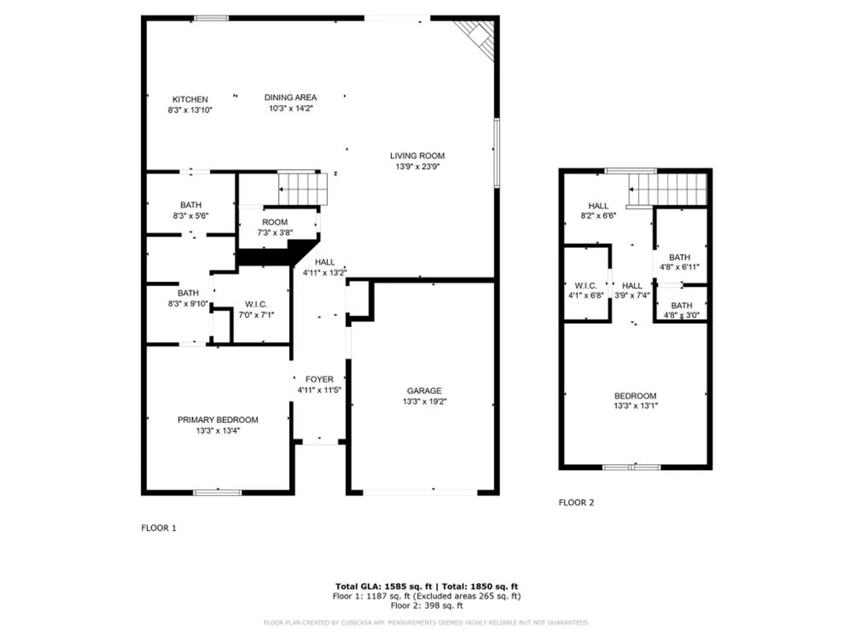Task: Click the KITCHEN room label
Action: click(190, 99)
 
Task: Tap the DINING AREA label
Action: click(290, 98)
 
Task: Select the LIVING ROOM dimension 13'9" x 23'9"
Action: click(417, 166)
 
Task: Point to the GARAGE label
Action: click(424, 391)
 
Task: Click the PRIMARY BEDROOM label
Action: click(218, 420)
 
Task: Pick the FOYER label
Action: click(319, 379)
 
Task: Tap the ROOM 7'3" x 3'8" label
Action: click(275, 227)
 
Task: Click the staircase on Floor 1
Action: click(303, 189)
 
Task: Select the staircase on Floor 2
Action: click(667, 189)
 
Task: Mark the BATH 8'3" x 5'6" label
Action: click(191, 210)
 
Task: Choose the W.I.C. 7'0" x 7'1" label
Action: click(256, 309)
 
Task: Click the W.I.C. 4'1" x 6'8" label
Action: click(586, 290)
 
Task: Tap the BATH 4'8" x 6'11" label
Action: click(679, 262)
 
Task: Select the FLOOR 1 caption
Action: click(159, 528)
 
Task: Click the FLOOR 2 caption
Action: click(576, 503)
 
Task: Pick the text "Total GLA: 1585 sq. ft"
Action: click(383, 586)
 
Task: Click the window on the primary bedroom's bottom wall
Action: click(218, 492)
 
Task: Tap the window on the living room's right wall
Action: click(496, 153)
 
